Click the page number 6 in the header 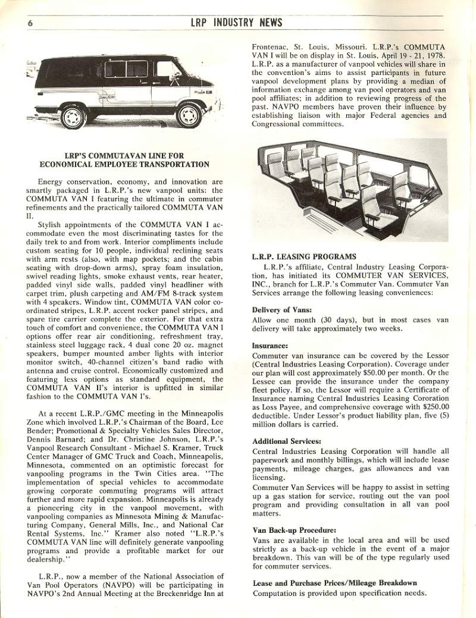pyautogui.click(x=29, y=23)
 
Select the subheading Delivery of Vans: pyautogui.click(x=281, y=309)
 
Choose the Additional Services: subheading pyautogui.click(x=287, y=441)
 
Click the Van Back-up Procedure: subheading pyautogui.click(x=295, y=529)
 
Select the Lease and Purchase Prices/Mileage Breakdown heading pyautogui.click(x=334, y=582)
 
